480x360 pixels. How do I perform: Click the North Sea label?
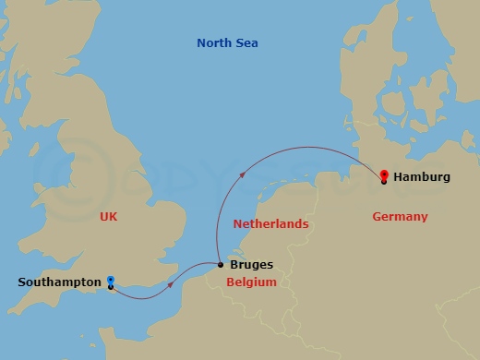pyautogui.click(x=227, y=43)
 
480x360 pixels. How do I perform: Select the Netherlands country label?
pyautogui.click(x=270, y=224)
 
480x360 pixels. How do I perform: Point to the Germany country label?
pyautogui.click(x=400, y=217)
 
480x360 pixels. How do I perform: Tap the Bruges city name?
pyautogui.click(x=251, y=265)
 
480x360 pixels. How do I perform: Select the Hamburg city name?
pyautogui.click(x=422, y=176)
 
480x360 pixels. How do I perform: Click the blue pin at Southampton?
pyautogui.click(x=111, y=280)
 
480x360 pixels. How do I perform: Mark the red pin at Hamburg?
pyautogui.click(x=384, y=172)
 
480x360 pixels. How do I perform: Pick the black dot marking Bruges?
pyautogui.click(x=220, y=266)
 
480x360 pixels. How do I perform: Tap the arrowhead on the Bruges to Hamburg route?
pyautogui.click(x=243, y=171)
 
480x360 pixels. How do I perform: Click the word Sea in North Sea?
pyautogui.click(x=246, y=43)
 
